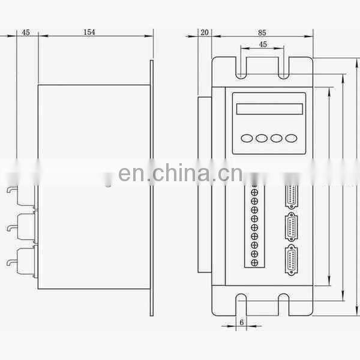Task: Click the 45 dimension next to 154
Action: (26, 32)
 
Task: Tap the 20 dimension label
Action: (205, 32)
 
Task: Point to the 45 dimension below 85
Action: (263, 44)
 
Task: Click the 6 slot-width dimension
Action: (242, 322)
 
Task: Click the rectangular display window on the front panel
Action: (267, 109)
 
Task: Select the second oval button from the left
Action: (262, 138)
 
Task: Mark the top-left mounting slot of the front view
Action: (241, 67)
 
